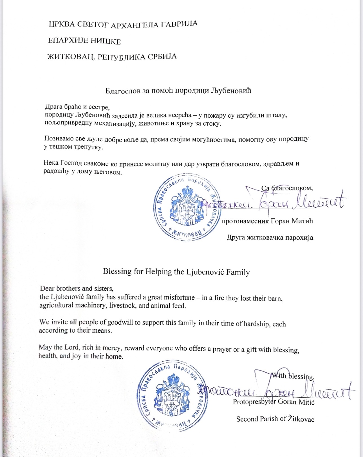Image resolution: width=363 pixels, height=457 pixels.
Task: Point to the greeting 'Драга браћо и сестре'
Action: (77, 107)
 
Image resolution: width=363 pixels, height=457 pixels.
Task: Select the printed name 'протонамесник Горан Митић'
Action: (267, 221)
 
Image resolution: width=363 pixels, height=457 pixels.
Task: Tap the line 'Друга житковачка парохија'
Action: (270, 238)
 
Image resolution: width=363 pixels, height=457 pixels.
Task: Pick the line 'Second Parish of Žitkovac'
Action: (275, 419)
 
